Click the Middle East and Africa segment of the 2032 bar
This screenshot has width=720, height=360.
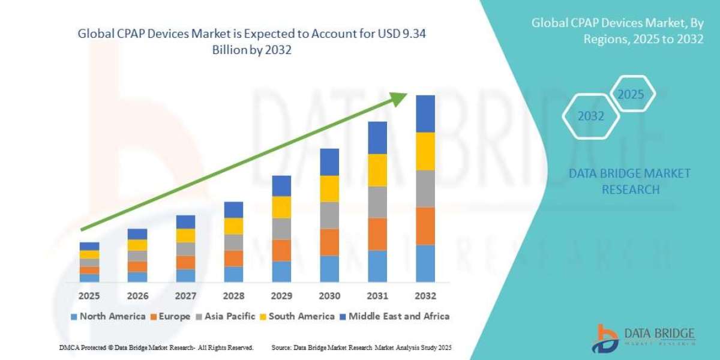425,113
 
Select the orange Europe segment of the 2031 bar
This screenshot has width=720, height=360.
377,233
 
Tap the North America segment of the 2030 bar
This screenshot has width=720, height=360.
329,268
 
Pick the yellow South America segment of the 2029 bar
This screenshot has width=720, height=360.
281,206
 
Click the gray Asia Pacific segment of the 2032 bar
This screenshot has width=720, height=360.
425,188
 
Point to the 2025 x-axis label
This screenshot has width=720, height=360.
89,296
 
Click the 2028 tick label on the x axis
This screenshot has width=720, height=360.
233,296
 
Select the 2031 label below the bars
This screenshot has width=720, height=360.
377,296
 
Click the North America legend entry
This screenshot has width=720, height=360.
108,316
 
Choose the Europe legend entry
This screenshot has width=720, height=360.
171,316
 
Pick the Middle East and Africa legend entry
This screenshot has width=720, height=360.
394,316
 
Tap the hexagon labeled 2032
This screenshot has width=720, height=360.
591,116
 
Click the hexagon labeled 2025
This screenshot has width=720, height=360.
631,95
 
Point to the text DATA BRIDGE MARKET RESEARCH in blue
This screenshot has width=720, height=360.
629,181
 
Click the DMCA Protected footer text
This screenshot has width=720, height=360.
157,347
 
